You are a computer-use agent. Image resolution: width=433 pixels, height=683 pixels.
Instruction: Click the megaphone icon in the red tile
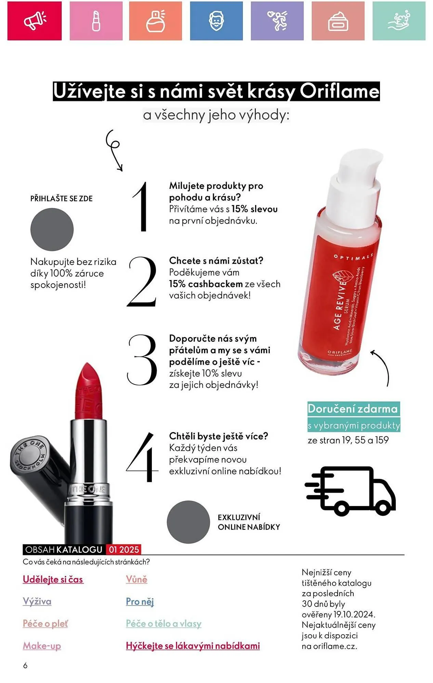point(35,21)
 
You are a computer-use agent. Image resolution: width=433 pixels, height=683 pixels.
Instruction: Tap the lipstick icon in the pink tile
point(96,21)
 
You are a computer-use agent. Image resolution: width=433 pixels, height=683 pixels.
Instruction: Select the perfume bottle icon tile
point(156,21)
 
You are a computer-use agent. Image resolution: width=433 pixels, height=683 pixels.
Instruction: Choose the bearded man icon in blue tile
point(216,21)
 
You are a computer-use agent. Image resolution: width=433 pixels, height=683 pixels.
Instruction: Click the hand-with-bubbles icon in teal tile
point(399,21)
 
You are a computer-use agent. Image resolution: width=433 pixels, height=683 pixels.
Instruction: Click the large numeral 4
point(142,457)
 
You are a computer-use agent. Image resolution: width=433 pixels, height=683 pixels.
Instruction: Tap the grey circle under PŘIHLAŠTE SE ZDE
point(52,229)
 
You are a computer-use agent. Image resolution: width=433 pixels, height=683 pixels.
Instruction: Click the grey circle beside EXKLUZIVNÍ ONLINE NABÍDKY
point(188,522)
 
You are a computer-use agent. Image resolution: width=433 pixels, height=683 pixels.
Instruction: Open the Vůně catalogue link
point(136,579)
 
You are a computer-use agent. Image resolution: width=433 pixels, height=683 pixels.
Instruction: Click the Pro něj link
point(140,601)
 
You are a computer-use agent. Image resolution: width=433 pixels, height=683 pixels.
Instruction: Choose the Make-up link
point(42,646)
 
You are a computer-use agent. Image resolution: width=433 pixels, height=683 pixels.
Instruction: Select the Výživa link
point(37,601)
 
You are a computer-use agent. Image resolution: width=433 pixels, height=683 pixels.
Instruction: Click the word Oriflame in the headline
point(340,91)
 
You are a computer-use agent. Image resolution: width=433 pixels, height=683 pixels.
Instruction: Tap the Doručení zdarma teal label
point(353,409)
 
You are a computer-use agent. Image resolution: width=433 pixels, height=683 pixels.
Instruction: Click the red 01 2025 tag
point(124,549)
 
